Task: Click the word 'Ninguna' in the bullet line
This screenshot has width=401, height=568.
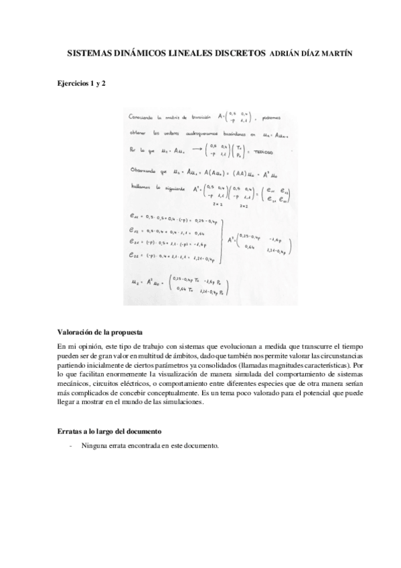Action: [94, 445]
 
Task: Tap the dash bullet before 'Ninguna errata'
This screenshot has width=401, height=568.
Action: [70, 445]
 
